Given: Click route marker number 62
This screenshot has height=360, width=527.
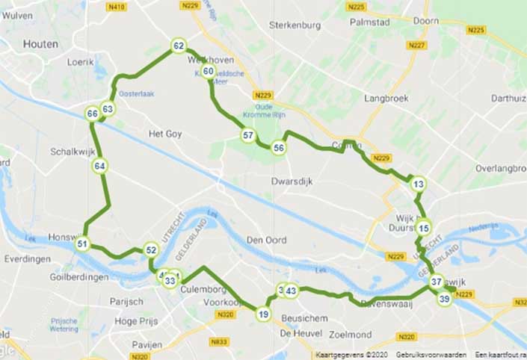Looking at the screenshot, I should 178,46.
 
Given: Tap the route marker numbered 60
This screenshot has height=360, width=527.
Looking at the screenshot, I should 209,72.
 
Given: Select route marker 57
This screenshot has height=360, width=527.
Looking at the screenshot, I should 248,135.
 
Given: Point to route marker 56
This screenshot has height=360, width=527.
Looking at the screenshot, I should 279,148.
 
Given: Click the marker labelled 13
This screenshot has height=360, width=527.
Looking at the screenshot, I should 418,184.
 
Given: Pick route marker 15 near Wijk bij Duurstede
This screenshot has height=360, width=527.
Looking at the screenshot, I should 424,229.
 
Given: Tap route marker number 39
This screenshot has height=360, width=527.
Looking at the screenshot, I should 444,299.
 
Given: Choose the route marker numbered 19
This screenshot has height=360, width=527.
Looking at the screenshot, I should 263,314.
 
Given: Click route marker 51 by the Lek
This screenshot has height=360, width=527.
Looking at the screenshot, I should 83,244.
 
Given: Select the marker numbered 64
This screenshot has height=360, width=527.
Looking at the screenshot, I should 99,166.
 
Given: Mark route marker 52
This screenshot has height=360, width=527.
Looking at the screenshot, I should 151,251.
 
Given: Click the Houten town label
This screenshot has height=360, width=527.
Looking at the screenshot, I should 40,45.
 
